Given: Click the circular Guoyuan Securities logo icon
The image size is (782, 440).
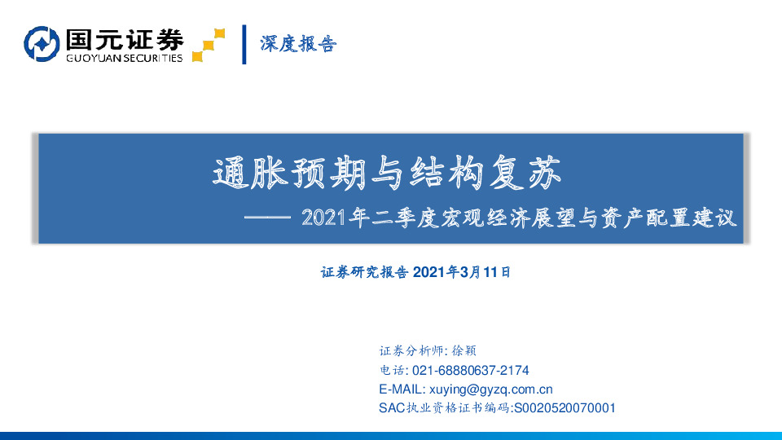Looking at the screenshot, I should point(42,44).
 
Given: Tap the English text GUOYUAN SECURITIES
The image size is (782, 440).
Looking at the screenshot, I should point(123,58).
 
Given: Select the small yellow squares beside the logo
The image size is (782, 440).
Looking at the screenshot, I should point(209,46).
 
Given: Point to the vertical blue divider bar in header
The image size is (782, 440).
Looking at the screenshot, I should point(244,44).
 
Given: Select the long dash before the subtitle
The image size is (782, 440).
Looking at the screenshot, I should point(267,219).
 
